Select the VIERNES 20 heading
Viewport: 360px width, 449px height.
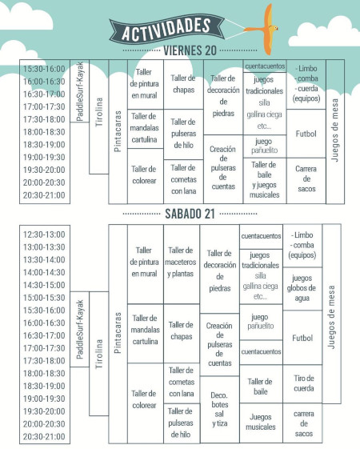click(x=190, y=51)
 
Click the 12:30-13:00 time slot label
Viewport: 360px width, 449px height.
click(x=44, y=235)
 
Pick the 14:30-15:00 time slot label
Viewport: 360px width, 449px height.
click(x=44, y=285)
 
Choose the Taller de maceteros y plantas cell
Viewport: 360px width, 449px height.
click(x=182, y=262)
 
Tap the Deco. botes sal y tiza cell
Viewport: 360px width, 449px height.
click(x=218, y=408)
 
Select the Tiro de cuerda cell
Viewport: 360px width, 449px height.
click(x=302, y=383)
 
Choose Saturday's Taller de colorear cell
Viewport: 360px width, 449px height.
click(x=144, y=399)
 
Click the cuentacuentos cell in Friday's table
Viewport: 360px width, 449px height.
click(x=264, y=65)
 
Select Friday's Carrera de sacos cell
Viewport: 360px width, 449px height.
click(x=306, y=179)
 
